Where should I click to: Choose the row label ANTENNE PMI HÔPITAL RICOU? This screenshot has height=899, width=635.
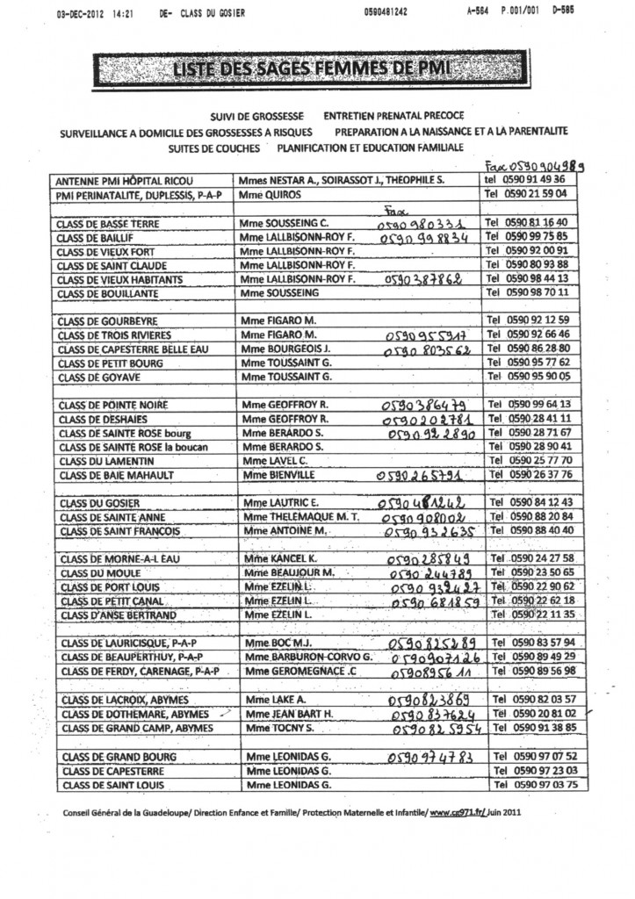click(118, 179)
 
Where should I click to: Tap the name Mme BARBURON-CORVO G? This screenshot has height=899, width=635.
click(310, 657)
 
